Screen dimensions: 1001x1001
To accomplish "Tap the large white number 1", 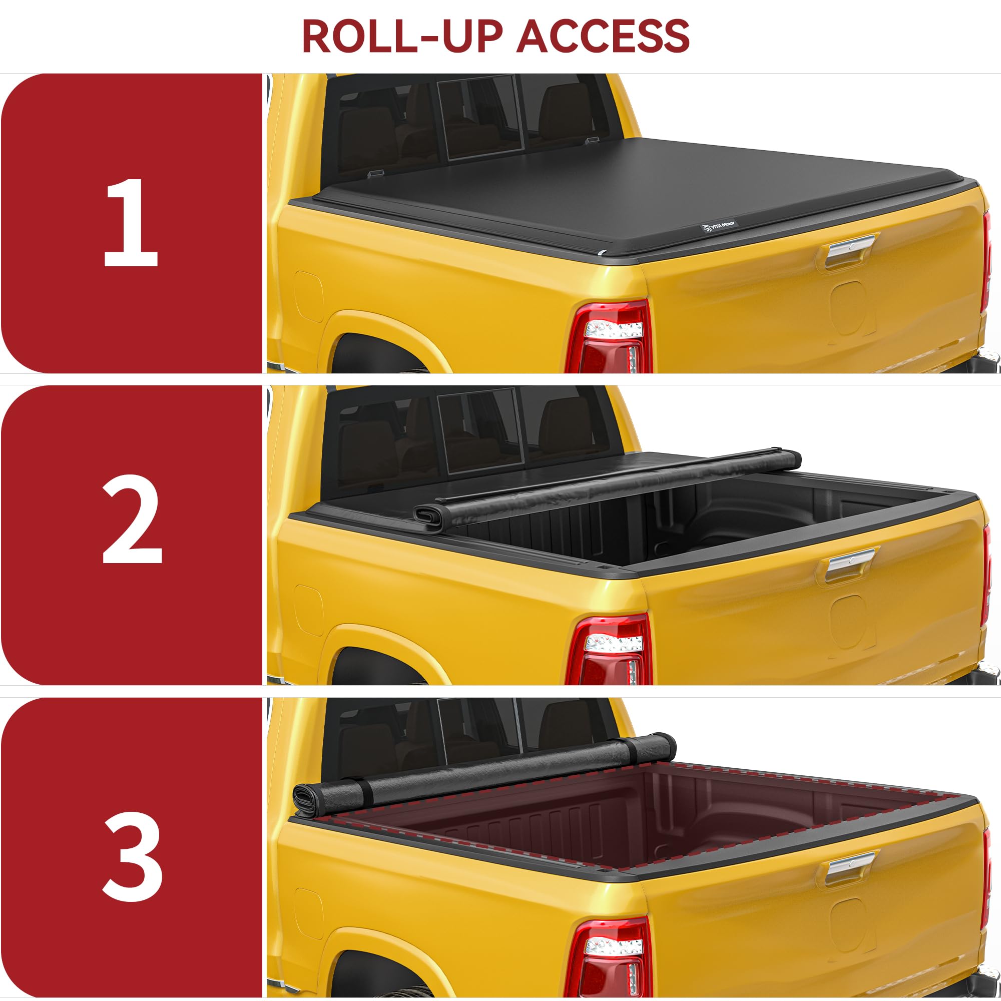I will point(131,223).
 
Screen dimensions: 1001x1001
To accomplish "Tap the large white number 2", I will point(132,520).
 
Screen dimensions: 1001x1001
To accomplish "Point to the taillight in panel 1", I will point(609,337).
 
